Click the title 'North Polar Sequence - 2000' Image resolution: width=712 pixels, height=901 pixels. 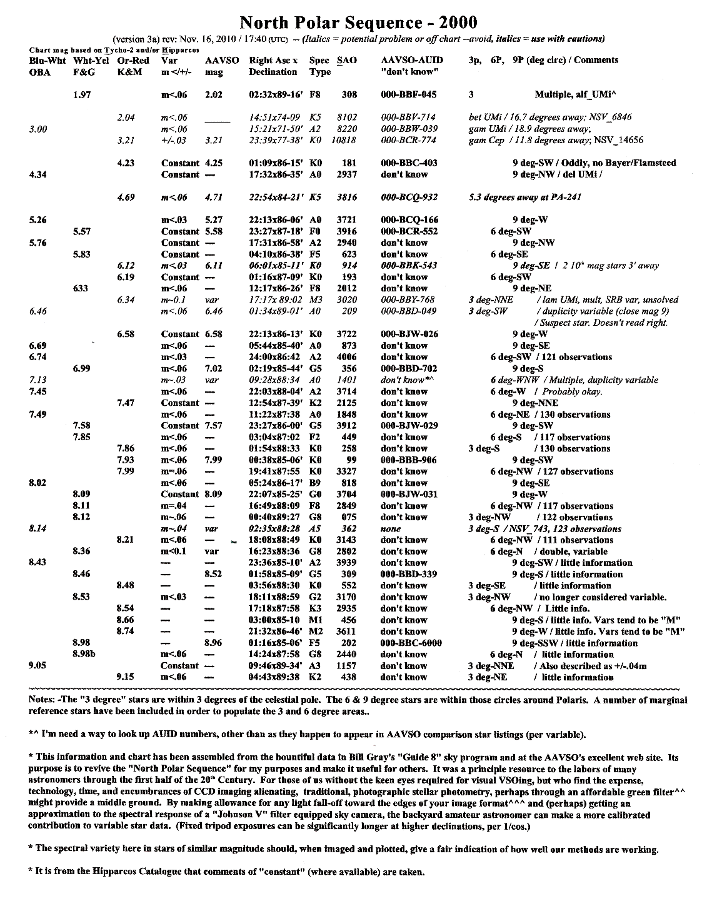[x=358, y=23]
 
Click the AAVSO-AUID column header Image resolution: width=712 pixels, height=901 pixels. [x=412, y=61]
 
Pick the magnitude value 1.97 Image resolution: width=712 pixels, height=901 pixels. [x=83, y=95]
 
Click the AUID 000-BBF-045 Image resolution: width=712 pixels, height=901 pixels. [x=409, y=95]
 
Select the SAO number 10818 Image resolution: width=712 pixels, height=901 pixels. [x=344, y=141]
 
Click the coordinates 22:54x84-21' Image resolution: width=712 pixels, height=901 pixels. [x=276, y=198]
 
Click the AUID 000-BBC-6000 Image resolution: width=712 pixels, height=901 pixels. [x=411, y=643]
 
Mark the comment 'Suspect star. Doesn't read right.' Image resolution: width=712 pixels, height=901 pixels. [x=603, y=323]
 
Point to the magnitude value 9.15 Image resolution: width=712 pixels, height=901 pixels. [x=127, y=677]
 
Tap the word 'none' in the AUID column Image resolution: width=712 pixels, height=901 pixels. [x=391, y=529]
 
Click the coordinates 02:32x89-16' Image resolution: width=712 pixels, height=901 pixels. [x=276, y=95]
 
